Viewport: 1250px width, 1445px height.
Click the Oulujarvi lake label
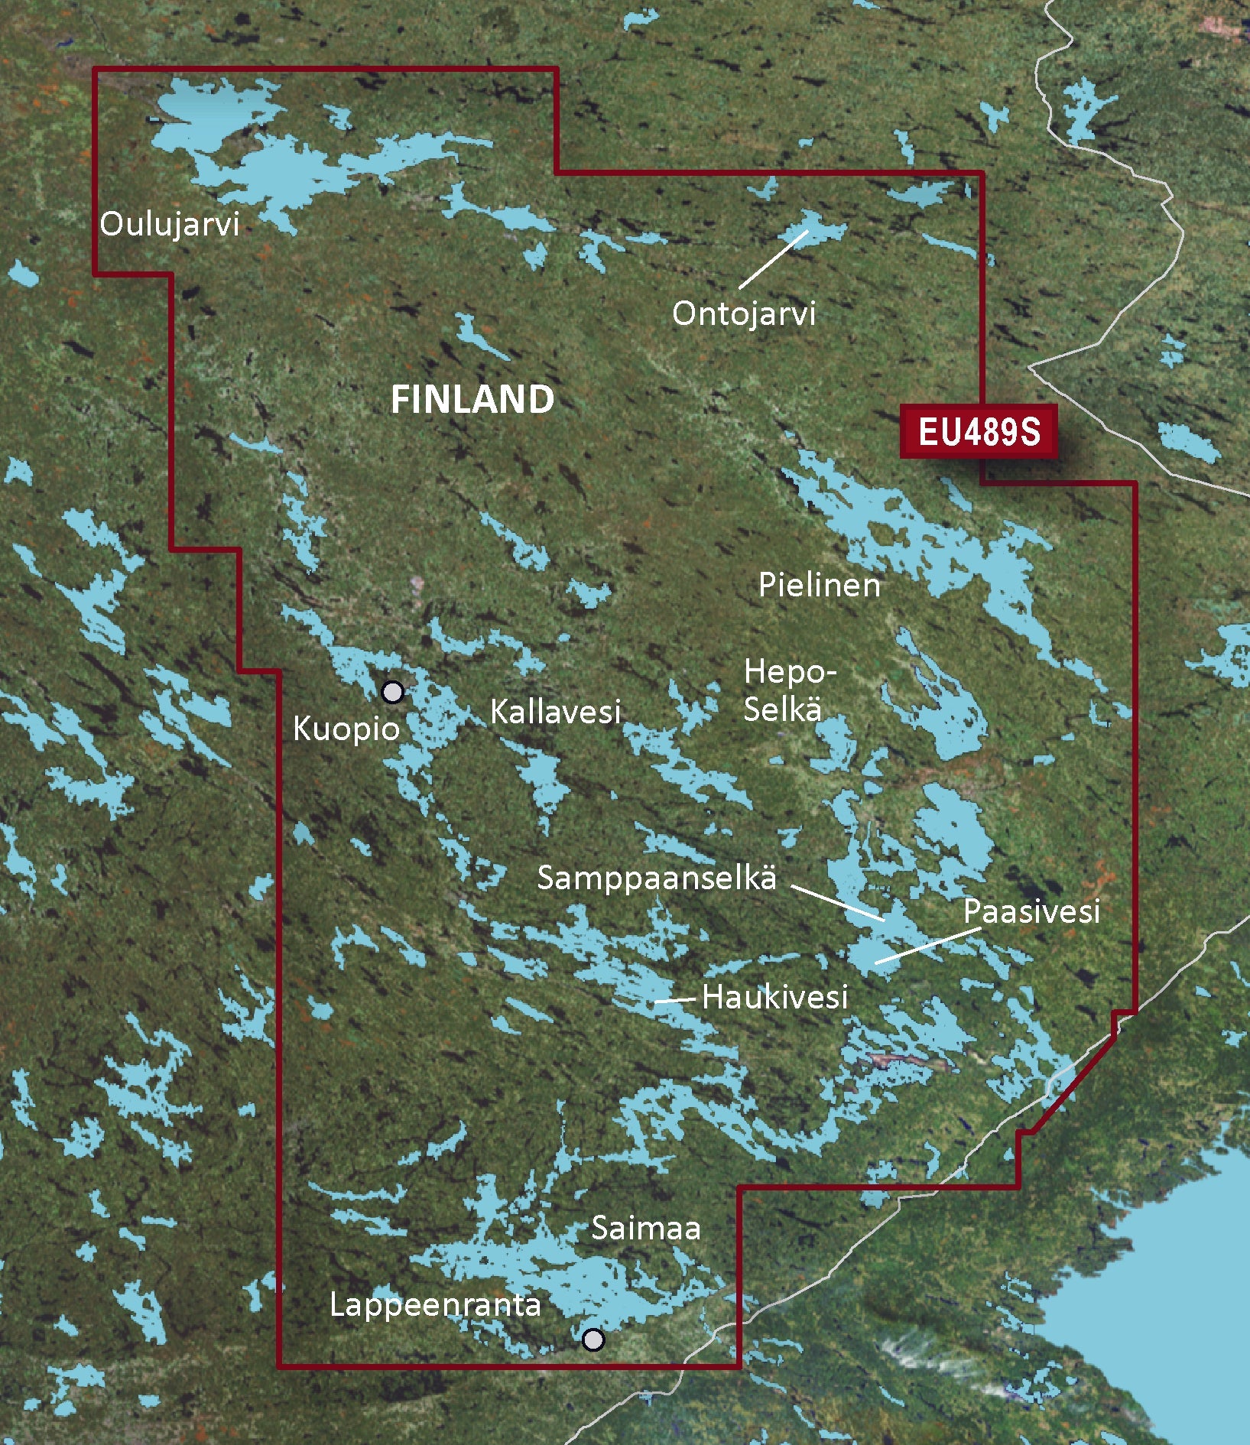tap(169, 225)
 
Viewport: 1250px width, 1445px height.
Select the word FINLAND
tap(472, 400)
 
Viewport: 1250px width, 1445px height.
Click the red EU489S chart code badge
tap(979, 432)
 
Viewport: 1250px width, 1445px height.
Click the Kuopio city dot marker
tap(392, 692)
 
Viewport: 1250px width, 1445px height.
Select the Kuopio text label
tap(346, 729)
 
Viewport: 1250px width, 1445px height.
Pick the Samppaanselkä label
tap(657, 878)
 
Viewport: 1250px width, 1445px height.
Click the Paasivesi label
tap(1031, 911)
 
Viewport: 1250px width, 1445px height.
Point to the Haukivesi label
tap(774, 997)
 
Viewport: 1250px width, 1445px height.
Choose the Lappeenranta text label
tap(435, 1305)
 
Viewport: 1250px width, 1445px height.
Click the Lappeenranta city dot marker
tap(593, 1339)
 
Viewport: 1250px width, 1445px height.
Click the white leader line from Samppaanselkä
tap(838, 903)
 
